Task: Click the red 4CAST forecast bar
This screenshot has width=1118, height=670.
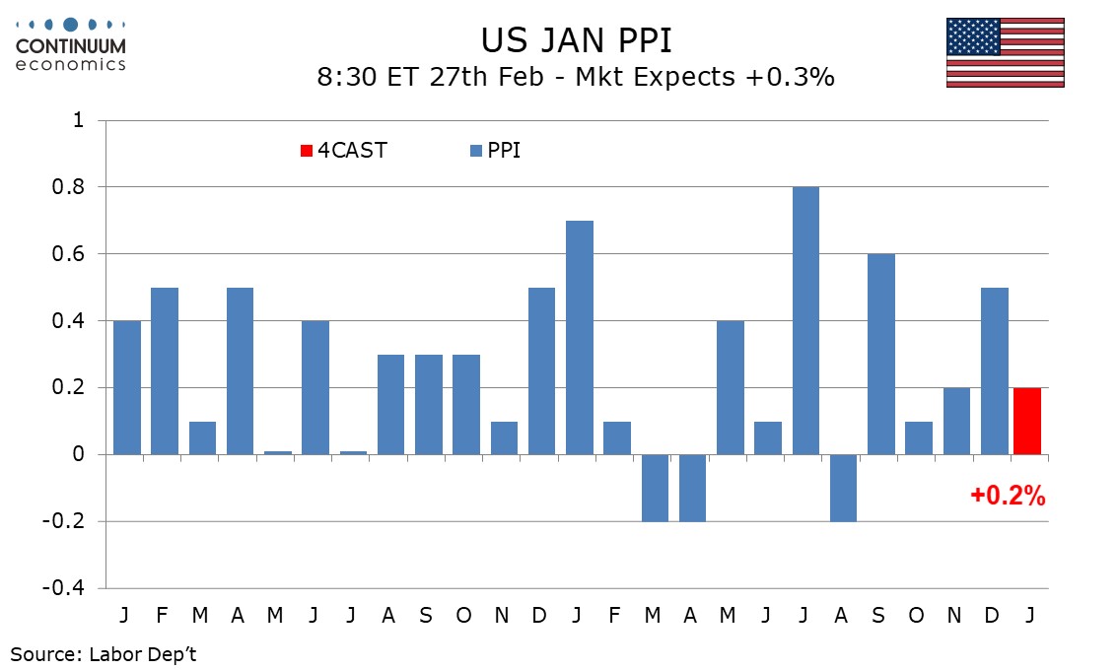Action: tap(1027, 421)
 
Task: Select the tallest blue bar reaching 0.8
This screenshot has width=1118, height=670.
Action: tap(805, 320)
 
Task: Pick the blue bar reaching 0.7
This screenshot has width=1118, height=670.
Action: tap(580, 337)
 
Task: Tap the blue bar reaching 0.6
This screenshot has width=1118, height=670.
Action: tap(880, 354)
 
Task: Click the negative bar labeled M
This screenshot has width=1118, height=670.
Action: tap(655, 488)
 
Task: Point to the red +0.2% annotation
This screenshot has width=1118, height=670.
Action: tap(1008, 497)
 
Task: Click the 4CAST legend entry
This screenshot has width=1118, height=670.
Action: tap(344, 151)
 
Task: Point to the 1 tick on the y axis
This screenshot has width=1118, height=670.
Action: tap(78, 120)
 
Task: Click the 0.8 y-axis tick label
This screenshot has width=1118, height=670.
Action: tap(71, 187)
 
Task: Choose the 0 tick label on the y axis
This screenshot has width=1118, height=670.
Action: tap(78, 454)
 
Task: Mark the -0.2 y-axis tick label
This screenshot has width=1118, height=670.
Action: tap(66, 521)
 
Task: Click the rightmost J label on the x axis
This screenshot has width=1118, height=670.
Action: tap(1029, 615)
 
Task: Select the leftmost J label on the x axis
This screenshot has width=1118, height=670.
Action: tap(124, 615)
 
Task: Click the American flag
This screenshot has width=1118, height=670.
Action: tap(1005, 52)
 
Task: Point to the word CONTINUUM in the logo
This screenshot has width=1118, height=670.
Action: tap(71, 45)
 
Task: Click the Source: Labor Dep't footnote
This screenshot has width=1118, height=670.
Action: tap(104, 652)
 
